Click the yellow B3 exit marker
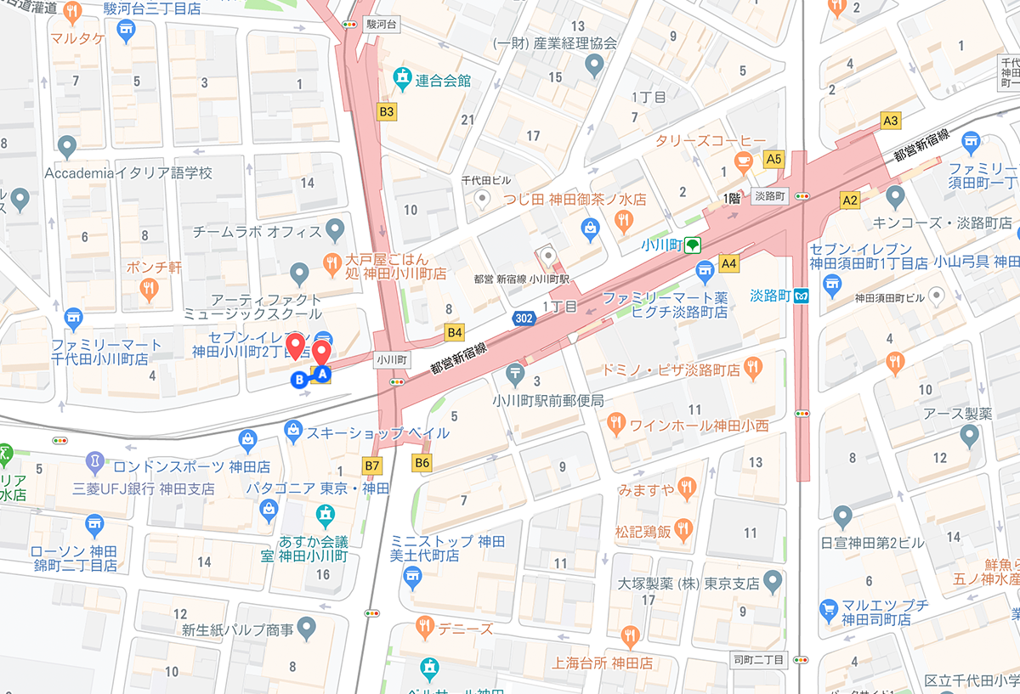point(387,110)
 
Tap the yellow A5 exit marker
point(773,158)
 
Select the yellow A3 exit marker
point(890,121)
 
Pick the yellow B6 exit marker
point(422,463)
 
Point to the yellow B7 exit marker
point(372,465)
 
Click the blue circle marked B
point(298,381)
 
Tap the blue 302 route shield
point(524,318)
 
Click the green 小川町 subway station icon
point(694,245)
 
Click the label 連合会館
point(443,81)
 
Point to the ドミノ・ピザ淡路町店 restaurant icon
point(752,367)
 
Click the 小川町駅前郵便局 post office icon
point(515,372)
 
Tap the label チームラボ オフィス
point(257,230)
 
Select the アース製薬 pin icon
point(969,437)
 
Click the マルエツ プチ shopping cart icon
point(828,609)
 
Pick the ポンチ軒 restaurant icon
point(150,291)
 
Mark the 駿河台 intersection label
point(382,25)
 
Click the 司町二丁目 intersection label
point(761,659)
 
